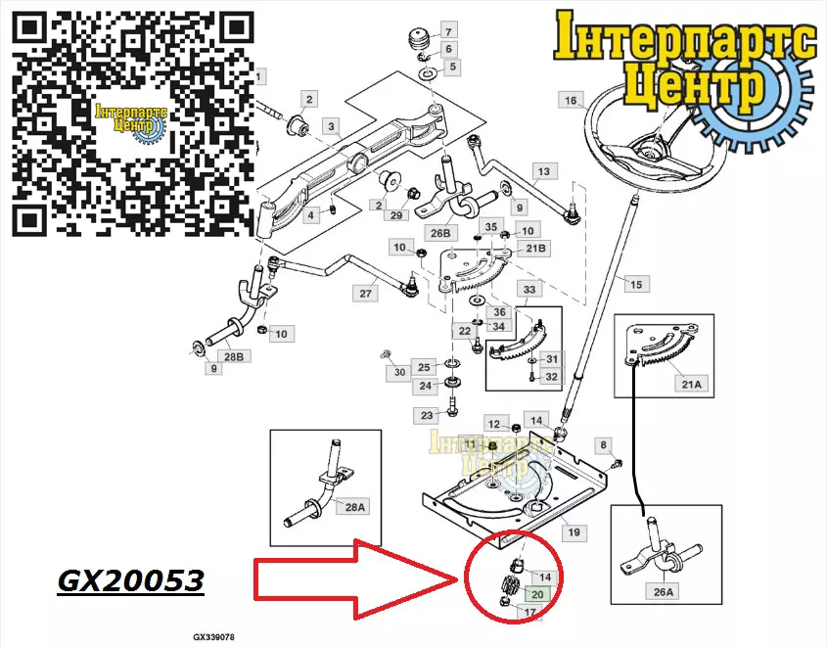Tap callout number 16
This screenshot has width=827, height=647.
pyautogui.click(x=571, y=100)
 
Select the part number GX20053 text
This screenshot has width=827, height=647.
pyautogui.click(x=131, y=581)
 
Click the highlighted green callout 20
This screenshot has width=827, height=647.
pyautogui.click(x=537, y=593)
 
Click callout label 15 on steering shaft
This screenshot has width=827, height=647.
pyautogui.click(x=636, y=284)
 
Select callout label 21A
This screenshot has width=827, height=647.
pyautogui.click(x=691, y=385)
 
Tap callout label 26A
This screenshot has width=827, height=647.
pyautogui.click(x=664, y=591)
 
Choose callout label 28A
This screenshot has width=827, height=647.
pyautogui.click(x=353, y=506)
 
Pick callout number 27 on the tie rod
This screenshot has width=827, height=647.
pyautogui.click(x=366, y=294)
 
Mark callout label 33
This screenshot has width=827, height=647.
pyautogui.click(x=529, y=290)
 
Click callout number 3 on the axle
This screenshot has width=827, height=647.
pyautogui.click(x=332, y=126)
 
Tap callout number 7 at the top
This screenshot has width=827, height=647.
pyautogui.click(x=448, y=31)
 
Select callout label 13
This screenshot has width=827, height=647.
pyautogui.click(x=543, y=172)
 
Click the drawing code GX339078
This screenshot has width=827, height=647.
pyautogui.click(x=212, y=635)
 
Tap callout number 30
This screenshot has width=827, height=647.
pyautogui.click(x=398, y=372)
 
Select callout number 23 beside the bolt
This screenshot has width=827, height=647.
pyautogui.click(x=427, y=415)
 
